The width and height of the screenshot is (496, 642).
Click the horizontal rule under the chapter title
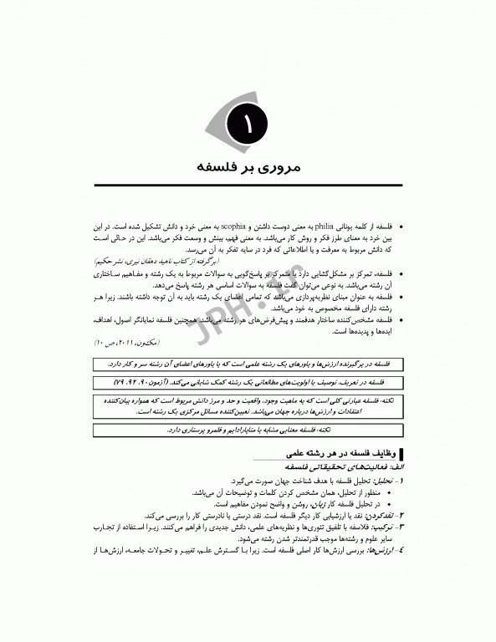click(248, 186)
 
